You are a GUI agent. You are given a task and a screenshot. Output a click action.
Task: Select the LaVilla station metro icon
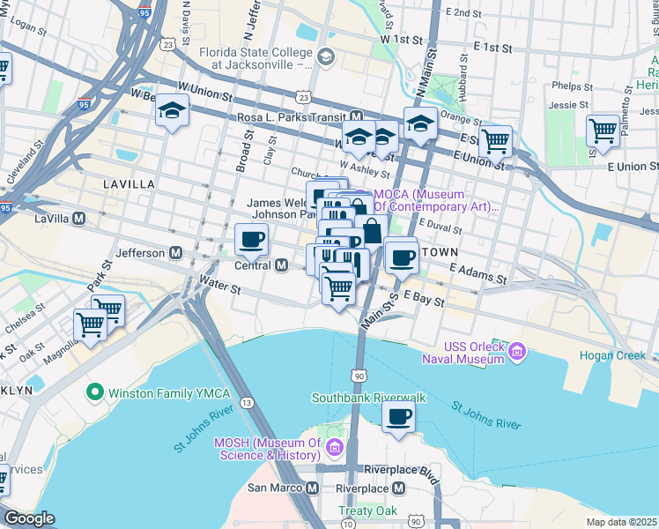(79, 219)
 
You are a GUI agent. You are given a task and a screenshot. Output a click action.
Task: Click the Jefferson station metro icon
(176, 253)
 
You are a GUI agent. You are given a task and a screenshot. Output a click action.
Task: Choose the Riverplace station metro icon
(399, 488)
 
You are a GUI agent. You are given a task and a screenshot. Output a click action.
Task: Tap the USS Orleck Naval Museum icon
(517, 352)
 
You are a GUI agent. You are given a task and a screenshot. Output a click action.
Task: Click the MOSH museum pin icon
(334, 449)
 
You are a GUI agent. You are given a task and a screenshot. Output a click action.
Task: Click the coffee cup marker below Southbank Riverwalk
(399, 417)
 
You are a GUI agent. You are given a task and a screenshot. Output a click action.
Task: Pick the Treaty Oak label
(367, 510)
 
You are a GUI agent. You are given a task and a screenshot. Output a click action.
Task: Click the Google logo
(29, 518)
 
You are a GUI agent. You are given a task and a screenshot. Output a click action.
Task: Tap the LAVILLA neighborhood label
(129, 184)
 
